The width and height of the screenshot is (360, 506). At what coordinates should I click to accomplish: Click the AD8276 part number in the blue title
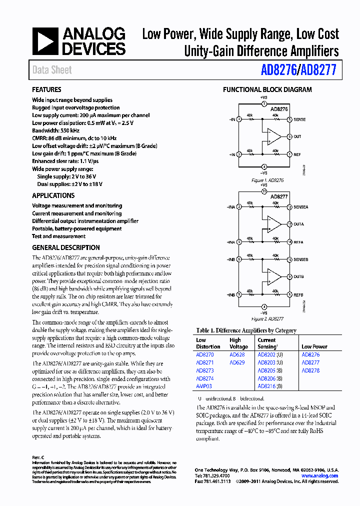(x=279, y=70)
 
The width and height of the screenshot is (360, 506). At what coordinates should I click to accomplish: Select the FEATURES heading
(x=46, y=90)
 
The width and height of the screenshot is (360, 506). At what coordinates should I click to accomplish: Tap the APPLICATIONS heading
(x=53, y=196)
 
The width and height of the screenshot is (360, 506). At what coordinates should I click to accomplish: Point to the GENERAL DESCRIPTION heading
(x=65, y=247)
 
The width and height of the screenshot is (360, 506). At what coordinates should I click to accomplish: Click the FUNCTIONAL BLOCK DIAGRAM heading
(x=267, y=90)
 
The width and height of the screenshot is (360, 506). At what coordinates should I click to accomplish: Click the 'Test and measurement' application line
(x=58, y=236)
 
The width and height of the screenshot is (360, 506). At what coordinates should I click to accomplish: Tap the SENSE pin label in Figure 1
(x=300, y=119)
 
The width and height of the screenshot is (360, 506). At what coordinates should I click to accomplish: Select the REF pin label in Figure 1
(x=297, y=154)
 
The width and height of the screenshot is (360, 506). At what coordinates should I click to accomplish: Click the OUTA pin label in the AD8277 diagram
(x=299, y=224)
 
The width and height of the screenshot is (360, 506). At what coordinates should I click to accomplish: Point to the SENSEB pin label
(x=301, y=259)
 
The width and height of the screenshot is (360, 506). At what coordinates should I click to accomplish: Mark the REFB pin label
(x=299, y=294)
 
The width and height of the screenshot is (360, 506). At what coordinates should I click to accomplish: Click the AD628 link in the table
(x=237, y=354)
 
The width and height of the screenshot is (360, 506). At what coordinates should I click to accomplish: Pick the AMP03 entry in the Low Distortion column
(x=204, y=386)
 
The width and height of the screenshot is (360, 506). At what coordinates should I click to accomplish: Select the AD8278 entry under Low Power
(x=310, y=370)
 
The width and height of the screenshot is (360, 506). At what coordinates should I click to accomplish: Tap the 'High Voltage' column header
(x=238, y=343)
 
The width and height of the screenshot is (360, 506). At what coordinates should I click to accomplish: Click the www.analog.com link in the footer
(x=320, y=476)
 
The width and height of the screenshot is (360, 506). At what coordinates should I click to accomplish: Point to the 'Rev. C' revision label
(x=38, y=457)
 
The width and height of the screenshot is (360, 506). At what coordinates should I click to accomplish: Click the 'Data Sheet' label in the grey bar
(x=52, y=70)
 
